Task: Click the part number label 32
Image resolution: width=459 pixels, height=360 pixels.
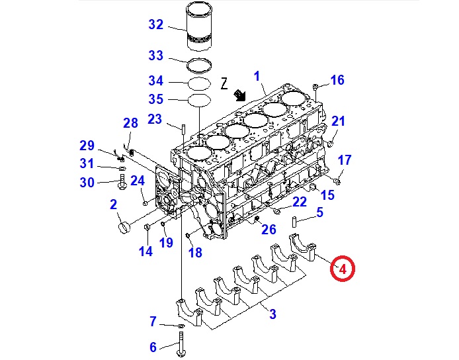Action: [155, 25]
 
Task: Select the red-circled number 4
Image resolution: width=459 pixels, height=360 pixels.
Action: [343, 269]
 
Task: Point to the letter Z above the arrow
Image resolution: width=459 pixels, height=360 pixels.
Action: [224, 84]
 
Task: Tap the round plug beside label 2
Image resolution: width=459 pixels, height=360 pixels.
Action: [124, 227]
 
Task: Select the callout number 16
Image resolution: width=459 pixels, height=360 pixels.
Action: [337, 80]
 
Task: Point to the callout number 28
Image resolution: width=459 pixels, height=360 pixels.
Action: [130, 122]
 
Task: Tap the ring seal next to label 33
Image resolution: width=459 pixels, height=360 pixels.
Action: [199, 66]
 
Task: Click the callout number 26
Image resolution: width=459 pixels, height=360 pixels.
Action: [268, 230]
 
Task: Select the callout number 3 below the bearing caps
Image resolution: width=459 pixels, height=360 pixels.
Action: [272, 314]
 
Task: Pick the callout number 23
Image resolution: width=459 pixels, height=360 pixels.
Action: [154, 120]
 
